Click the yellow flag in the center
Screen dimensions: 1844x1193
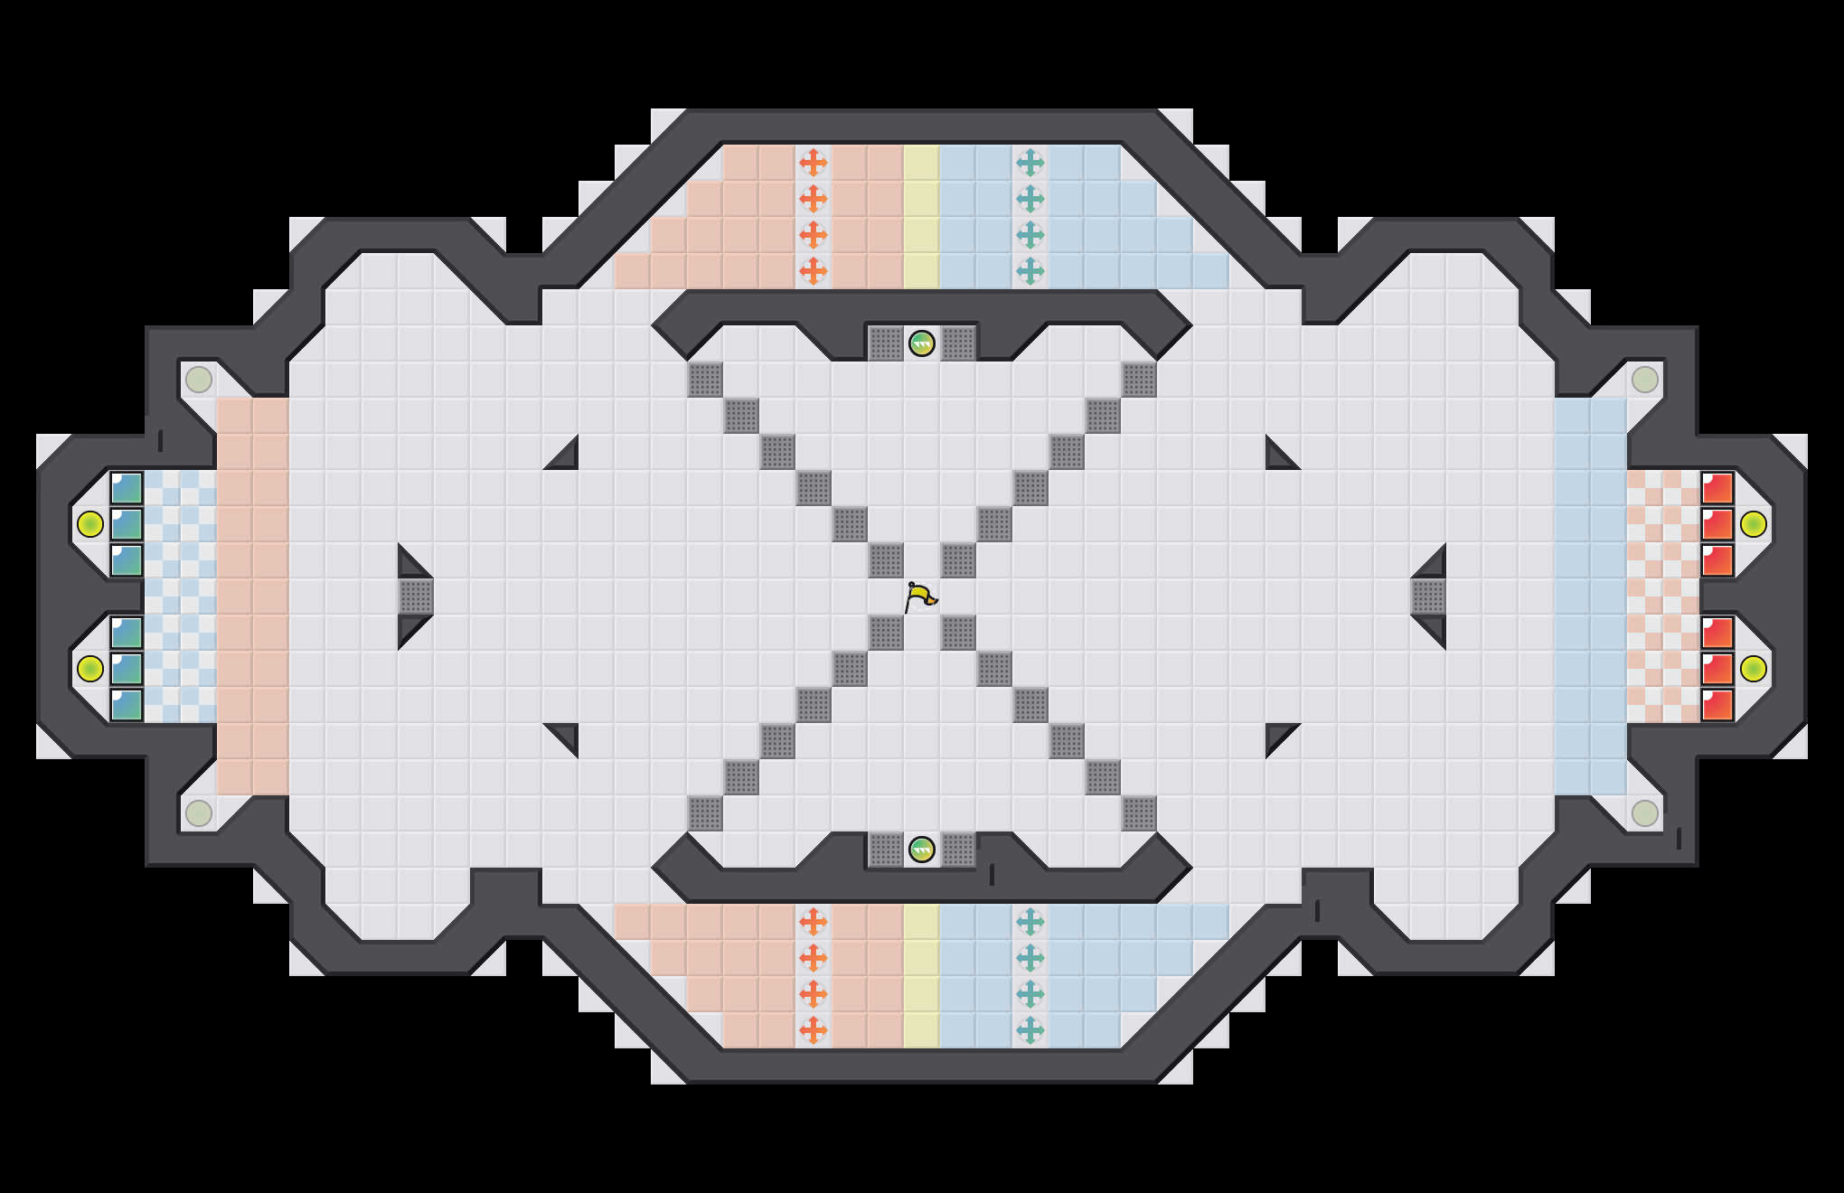click(x=920, y=596)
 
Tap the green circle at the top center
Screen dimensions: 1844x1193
click(x=921, y=343)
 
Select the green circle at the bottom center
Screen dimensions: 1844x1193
click(x=921, y=850)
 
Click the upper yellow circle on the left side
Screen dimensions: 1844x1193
click(x=89, y=524)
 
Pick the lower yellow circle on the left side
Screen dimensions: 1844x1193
click(x=89, y=669)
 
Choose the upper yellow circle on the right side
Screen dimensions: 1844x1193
click(x=1753, y=524)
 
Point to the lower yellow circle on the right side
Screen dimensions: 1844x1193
click(x=1753, y=669)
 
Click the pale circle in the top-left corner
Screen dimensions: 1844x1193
click(x=199, y=380)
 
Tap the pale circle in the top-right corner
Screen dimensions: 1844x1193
click(x=1645, y=380)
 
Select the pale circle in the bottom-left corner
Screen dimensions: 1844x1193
click(x=199, y=813)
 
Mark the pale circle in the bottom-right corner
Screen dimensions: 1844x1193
click(x=1645, y=813)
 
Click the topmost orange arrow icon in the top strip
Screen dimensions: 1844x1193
click(x=814, y=163)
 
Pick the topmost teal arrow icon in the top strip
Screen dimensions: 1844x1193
click(x=1030, y=163)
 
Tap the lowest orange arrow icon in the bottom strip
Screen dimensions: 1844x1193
click(x=814, y=1030)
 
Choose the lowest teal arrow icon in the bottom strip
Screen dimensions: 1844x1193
click(x=1030, y=1030)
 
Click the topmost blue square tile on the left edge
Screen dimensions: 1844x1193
click(x=127, y=488)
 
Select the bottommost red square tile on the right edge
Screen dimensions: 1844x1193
click(x=1717, y=705)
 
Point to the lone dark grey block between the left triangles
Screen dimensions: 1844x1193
click(x=416, y=596)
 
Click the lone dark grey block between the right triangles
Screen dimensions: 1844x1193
click(x=1428, y=596)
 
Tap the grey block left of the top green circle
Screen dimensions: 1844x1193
click(x=886, y=343)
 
